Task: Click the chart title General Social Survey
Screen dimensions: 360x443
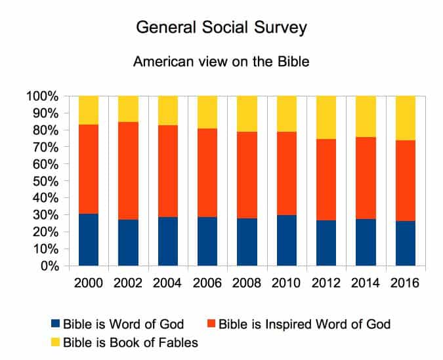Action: (x=221, y=28)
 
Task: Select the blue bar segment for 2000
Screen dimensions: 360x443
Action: (x=89, y=240)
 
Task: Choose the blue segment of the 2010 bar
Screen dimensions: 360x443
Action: (x=287, y=241)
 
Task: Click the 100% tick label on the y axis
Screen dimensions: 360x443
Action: (x=43, y=96)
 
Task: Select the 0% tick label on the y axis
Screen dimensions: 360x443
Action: (x=49, y=266)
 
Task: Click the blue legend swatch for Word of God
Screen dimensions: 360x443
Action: (x=56, y=324)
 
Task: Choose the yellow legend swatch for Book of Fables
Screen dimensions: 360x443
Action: (x=56, y=341)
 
